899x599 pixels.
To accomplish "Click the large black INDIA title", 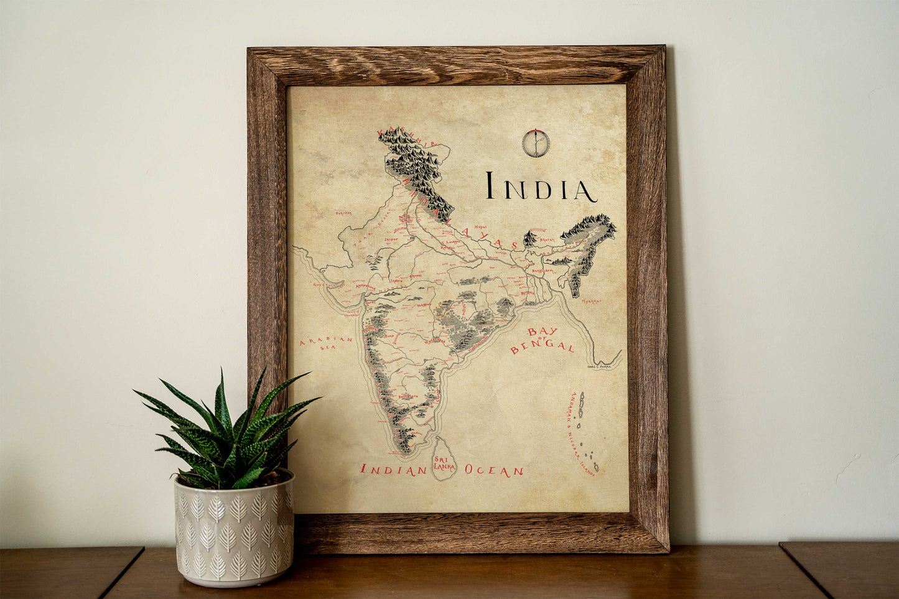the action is tap(541, 187).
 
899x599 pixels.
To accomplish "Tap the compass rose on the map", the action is tap(534, 143).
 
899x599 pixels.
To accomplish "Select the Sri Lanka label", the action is tap(444, 462).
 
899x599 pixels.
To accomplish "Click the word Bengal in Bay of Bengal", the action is tap(542, 346).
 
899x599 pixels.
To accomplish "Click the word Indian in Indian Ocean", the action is tap(393, 470).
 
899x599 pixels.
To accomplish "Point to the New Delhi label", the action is tap(406, 218).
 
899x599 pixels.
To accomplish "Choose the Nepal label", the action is tap(480, 228).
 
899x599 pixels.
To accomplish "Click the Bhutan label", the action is tap(546, 239).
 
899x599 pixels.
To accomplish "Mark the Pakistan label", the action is tap(344, 213).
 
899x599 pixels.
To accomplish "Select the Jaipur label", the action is tap(391, 238).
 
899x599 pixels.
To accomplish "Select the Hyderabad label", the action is tap(435, 340).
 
